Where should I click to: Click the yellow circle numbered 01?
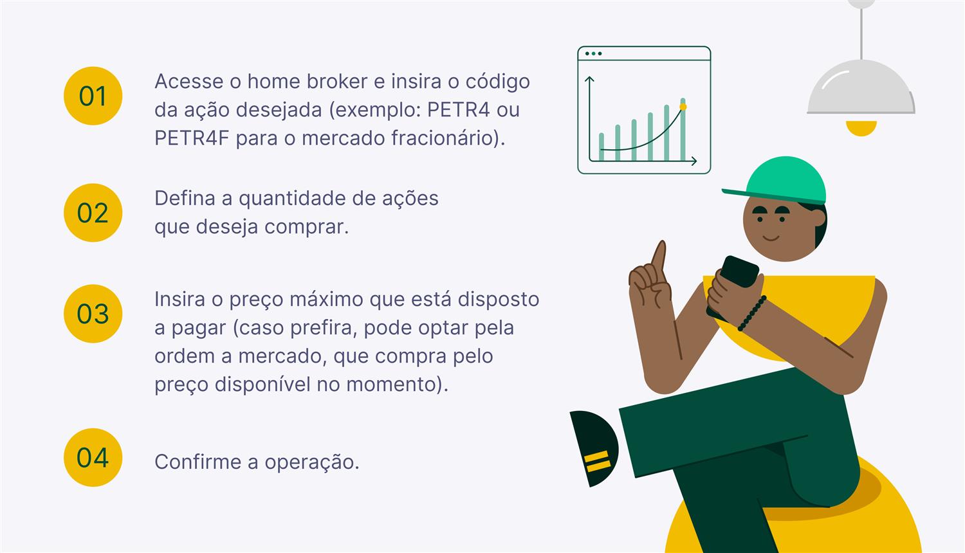coord(93,96)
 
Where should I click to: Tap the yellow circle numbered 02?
coord(93,213)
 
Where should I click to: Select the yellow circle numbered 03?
coord(93,314)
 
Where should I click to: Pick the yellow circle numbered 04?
coord(93,457)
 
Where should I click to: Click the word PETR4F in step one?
coord(191,138)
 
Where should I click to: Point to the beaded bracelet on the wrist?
coord(752,313)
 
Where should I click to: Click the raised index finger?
coord(659,255)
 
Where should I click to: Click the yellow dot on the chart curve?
coord(683,107)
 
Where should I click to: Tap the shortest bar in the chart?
coord(602,146)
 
